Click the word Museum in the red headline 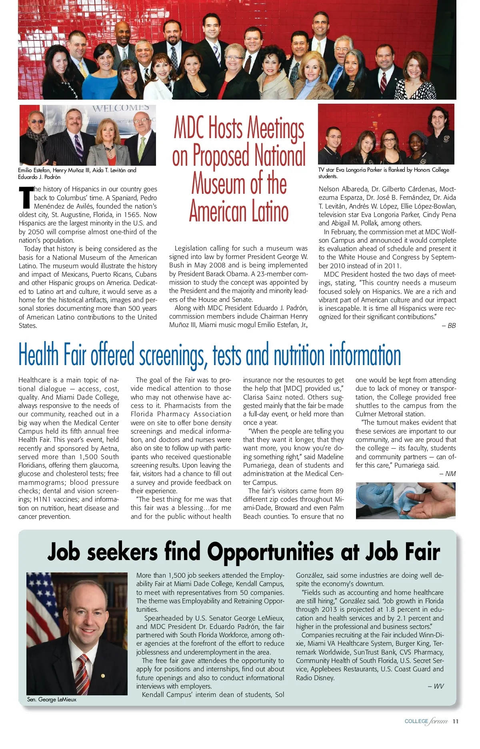[x=219, y=183]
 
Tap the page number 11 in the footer [x=455, y=721]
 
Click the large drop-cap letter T [x=26, y=197]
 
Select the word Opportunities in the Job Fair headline [x=270, y=552]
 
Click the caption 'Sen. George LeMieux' [x=52, y=699]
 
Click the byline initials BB [x=451, y=325]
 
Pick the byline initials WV [x=438, y=686]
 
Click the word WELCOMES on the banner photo [x=120, y=108]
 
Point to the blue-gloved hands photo [x=405, y=501]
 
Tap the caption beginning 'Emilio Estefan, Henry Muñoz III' [x=77, y=173]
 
